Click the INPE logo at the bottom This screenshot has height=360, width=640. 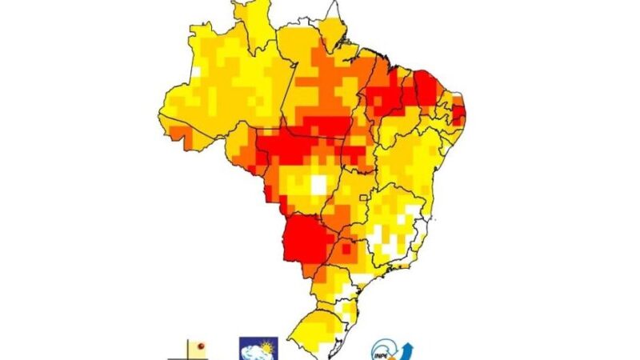pyautogui.click(x=391, y=350)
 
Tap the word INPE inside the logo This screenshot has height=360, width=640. pyautogui.click(x=384, y=352)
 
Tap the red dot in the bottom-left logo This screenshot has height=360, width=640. pyautogui.click(x=202, y=346)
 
